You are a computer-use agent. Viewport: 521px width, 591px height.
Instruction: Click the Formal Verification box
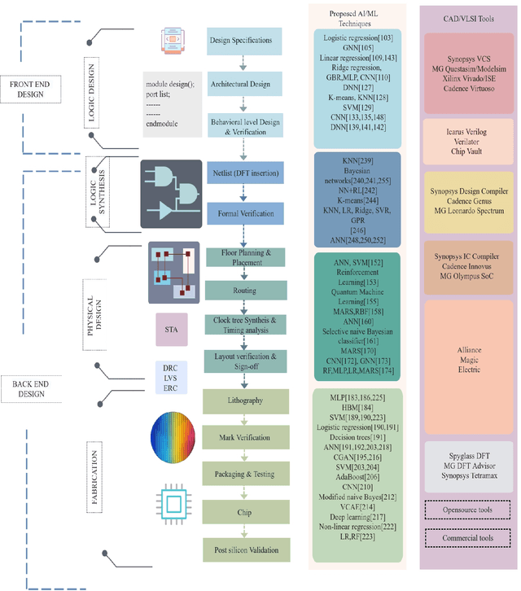coord(245,214)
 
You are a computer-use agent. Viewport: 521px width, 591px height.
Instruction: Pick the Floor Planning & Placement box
coord(245,257)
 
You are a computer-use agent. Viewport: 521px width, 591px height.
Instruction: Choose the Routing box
coord(245,290)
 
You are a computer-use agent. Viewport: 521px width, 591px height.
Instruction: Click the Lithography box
coord(245,401)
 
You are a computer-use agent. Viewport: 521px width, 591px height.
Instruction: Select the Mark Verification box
coord(245,437)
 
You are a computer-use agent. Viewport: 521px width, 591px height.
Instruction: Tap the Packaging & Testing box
coord(245,473)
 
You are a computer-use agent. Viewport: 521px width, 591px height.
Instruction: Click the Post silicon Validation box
coord(245,551)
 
